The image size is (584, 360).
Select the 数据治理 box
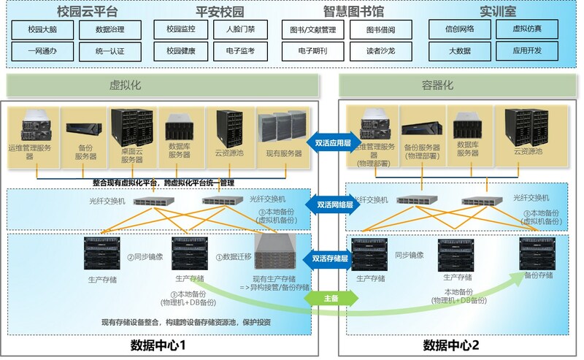tap(109, 30)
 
